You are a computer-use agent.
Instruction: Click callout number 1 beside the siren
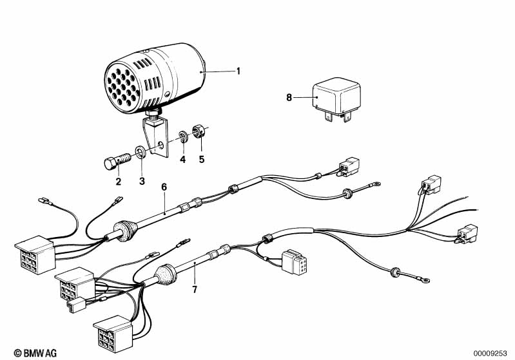click(238, 71)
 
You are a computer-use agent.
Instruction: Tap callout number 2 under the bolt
click(118, 182)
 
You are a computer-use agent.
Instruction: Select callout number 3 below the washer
click(142, 181)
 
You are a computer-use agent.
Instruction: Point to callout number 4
click(182, 160)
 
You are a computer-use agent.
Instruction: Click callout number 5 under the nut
click(202, 160)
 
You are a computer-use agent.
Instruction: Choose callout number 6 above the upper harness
click(164, 187)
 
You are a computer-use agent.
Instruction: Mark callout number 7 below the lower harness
click(195, 289)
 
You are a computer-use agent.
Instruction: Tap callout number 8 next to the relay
click(289, 97)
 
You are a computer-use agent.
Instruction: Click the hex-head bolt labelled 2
click(117, 161)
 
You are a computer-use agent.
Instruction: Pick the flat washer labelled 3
click(141, 152)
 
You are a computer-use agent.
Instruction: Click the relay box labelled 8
click(336, 97)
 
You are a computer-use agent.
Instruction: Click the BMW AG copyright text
click(35, 353)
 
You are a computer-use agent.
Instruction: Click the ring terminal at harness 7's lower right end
click(425, 280)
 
